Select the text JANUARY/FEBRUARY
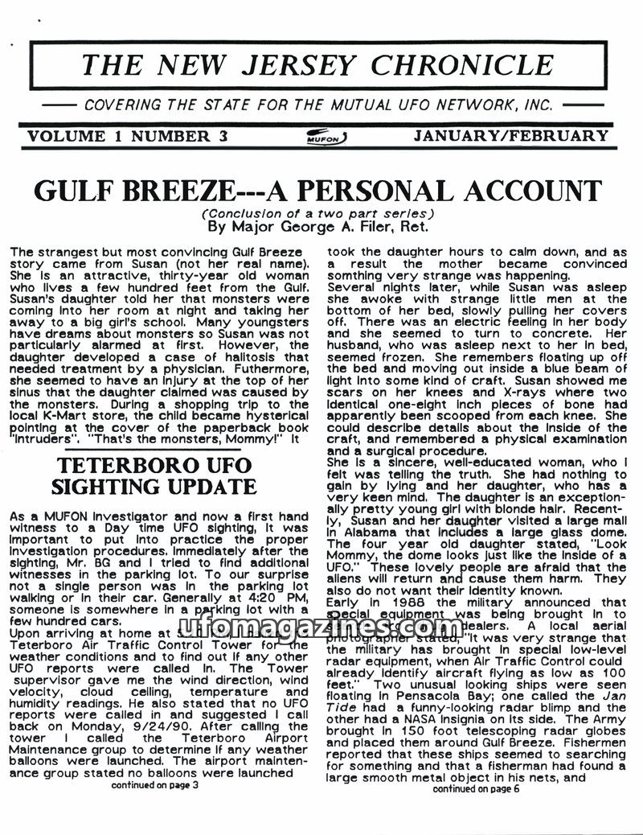click(x=510, y=136)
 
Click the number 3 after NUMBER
click(x=222, y=136)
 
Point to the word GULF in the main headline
click(x=77, y=191)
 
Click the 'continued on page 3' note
click(x=154, y=785)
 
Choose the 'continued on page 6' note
click(x=476, y=789)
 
